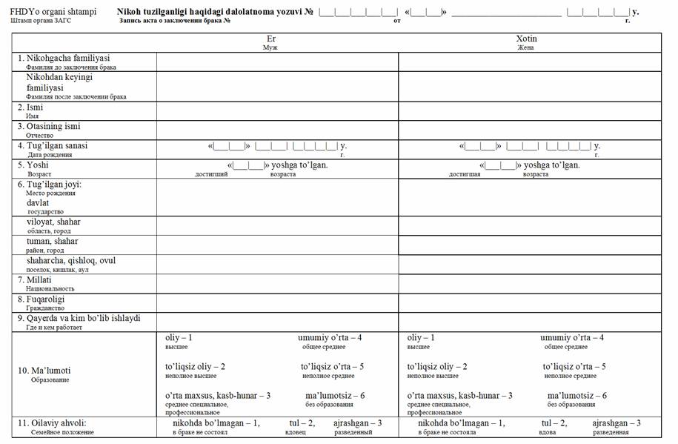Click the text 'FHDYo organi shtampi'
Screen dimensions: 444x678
point(53,13)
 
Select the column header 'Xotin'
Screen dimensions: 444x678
point(526,38)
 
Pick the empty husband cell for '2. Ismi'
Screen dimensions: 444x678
point(277,111)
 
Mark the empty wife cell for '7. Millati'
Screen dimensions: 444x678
point(529,284)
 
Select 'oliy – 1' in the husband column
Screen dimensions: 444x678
point(179,338)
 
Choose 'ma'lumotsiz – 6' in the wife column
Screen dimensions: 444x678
point(576,396)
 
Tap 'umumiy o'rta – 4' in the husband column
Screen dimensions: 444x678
point(330,338)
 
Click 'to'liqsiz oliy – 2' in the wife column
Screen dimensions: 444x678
point(437,367)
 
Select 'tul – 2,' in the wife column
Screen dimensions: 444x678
point(554,423)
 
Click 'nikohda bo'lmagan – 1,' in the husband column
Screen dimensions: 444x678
point(216,423)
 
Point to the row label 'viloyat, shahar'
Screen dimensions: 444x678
point(53,222)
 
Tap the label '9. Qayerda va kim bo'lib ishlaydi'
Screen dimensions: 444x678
point(82,318)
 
